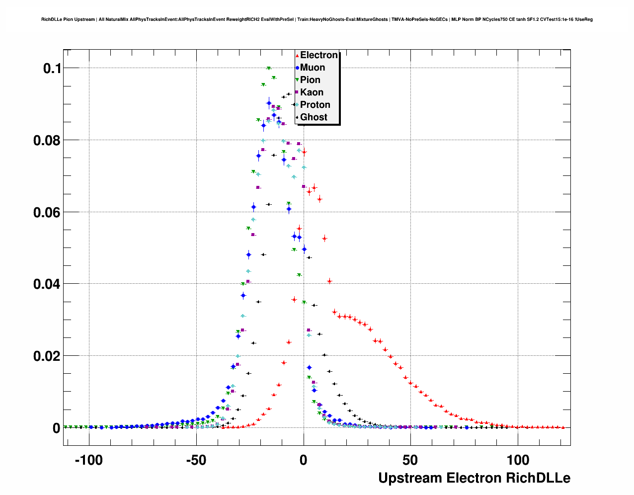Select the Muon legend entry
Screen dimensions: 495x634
312,68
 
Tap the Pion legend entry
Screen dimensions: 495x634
310,80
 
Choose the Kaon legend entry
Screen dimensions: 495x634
312,92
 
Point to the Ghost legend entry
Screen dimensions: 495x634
314,117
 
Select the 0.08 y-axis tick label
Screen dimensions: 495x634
47,141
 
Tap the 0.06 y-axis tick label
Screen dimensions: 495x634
47,213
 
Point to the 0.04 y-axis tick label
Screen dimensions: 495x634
47,284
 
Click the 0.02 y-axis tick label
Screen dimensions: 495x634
47,356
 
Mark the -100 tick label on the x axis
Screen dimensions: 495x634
88,460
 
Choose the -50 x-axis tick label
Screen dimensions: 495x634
196,460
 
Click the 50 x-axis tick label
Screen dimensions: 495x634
410,460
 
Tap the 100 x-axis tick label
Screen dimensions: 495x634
518,460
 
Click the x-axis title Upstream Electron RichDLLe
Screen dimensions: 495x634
474,478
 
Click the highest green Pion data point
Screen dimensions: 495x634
269,68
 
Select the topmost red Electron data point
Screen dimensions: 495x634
304,152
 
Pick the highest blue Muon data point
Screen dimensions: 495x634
269,103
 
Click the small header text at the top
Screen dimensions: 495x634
317,19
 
